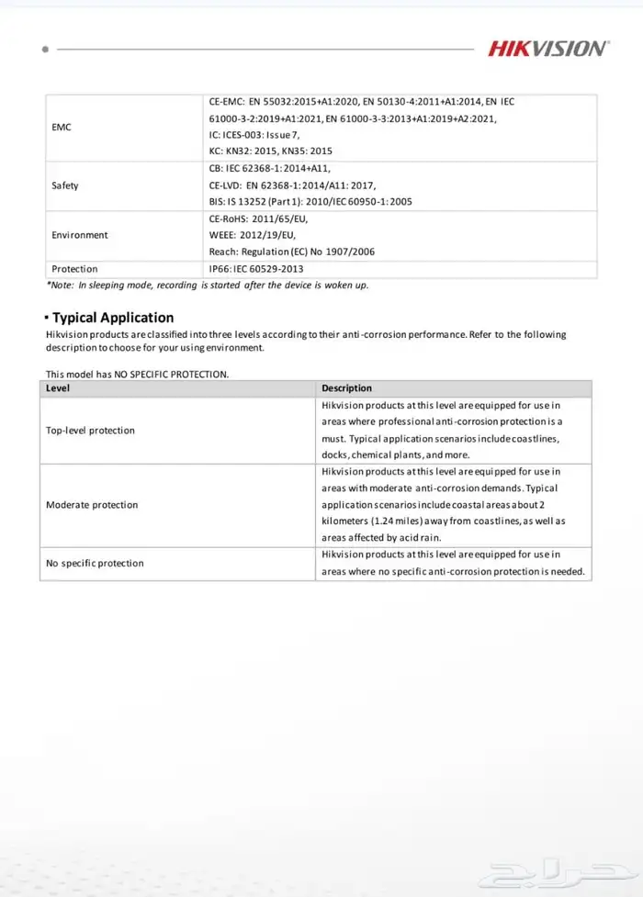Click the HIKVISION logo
[x=547, y=48]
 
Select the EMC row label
[x=62, y=127]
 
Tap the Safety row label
[x=65, y=185]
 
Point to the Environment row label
[x=80, y=235]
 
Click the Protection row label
[x=74, y=269]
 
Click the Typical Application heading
[x=112, y=318]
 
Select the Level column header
[x=58, y=388]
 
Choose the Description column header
[x=347, y=388]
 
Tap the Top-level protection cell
[x=90, y=430]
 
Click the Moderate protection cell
[x=92, y=505]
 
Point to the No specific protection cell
[x=95, y=563]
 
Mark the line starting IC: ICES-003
[x=254, y=135]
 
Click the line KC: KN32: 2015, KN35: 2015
[x=271, y=151]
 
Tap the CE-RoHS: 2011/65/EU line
[x=259, y=219]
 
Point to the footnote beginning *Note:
[x=207, y=286]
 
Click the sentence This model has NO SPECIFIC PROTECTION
[x=137, y=374]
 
